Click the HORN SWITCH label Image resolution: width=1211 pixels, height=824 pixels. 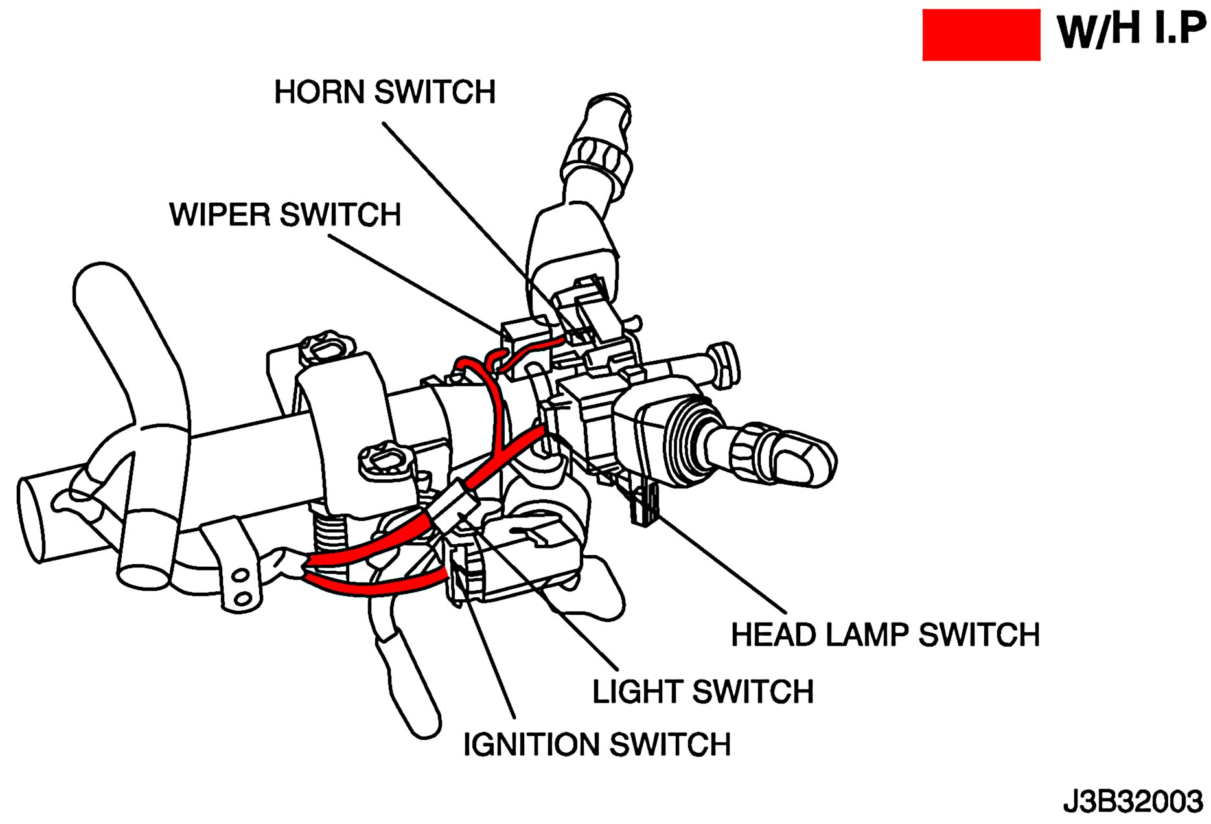(385, 92)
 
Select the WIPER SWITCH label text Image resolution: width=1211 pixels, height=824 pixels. (285, 215)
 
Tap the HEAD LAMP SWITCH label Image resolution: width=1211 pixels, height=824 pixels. (885, 635)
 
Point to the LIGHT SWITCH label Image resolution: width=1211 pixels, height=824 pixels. (703, 692)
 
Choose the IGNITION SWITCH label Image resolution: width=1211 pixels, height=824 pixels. (597, 744)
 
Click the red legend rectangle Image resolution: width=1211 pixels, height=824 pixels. (981, 35)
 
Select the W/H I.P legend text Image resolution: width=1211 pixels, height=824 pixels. (1131, 31)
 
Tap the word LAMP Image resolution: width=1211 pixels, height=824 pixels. (867, 635)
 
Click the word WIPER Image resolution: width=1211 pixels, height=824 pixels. (219, 215)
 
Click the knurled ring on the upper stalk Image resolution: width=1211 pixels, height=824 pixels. (596, 159)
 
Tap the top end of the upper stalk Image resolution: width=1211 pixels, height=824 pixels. (608, 104)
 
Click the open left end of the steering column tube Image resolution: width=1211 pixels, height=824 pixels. (32, 518)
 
